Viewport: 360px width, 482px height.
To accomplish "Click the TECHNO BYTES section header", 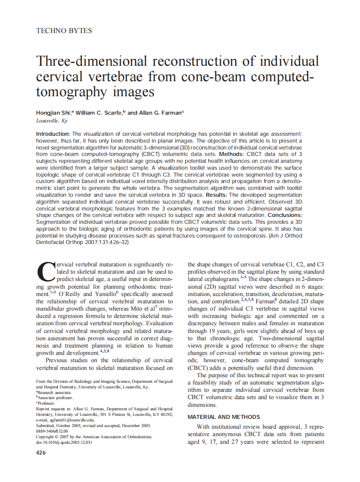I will click(x=64, y=31).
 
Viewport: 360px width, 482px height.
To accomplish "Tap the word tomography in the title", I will click(x=72, y=92).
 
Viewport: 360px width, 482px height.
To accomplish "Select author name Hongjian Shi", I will click(x=54, y=113).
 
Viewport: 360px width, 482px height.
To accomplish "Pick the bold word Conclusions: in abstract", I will click(x=285, y=215).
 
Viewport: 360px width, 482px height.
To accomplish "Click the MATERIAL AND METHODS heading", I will click(x=224, y=417).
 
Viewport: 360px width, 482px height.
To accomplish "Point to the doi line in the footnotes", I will click(x=64, y=442).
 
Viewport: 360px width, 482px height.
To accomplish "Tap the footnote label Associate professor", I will click(x=54, y=398).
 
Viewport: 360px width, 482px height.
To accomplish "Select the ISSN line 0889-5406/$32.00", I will click(x=52, y=431).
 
